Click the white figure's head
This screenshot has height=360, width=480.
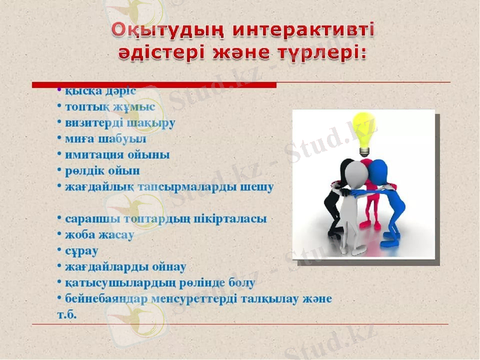[355, 174]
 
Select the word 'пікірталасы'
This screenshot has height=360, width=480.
[231, 219]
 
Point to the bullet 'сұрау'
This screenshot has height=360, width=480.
[82, 251]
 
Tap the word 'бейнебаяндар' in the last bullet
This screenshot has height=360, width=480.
[102, 298]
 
